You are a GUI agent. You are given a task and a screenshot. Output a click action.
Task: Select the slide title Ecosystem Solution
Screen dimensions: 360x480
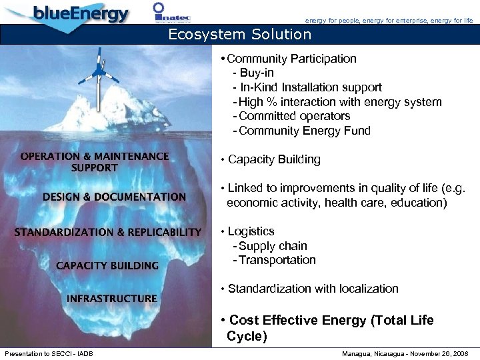coord(239,34)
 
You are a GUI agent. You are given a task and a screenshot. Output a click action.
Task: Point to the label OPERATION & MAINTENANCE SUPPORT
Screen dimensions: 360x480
coord(95,161)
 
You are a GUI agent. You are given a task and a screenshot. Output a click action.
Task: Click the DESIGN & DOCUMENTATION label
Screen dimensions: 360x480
coord(114,197)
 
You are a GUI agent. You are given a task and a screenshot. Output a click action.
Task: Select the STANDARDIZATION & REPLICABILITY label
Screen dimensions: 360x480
coord(108,232)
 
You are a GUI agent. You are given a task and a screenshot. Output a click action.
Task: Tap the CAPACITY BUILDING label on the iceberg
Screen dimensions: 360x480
coord(107,265)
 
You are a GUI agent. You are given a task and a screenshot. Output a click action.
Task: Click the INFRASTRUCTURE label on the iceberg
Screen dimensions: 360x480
coord(112,298)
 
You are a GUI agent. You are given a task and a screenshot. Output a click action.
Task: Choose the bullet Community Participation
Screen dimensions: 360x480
coord(291,59)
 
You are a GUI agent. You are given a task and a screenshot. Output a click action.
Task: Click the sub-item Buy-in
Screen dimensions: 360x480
coord(257,73)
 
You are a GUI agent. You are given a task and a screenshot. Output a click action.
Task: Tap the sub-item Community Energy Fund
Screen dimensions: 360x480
coord(304,131)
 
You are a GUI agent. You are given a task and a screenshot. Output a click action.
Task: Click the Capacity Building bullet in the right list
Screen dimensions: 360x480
coord(274,159)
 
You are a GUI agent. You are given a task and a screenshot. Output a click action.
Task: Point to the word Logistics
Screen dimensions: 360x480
coord(251,231)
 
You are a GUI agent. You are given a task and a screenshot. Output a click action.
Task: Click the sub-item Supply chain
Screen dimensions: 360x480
coord(273,246)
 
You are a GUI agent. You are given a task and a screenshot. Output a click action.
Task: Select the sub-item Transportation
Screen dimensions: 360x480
coord(277,260)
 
